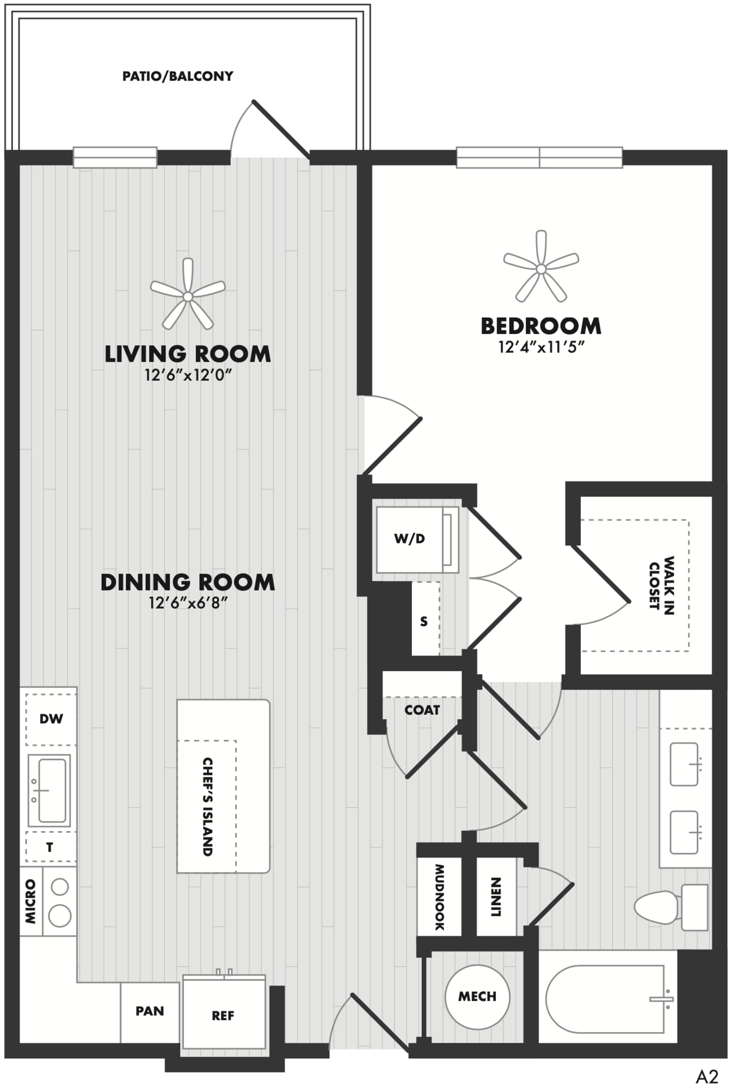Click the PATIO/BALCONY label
[x=177, y=76]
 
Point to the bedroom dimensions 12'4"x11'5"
[x=541, y=347]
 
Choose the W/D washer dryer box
[x=417, y=540]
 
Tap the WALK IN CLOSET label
[x=662, y=585]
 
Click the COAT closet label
[x=422, y=710]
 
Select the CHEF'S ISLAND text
[x=207, y=807]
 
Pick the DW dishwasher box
[x=51, y=719]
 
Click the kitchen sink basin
[x=52, y=790]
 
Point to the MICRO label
[x=30, y=901]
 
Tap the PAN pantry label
[x=150, y=1011]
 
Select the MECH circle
[x=477, y=997]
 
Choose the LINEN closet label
[x=496, y=897]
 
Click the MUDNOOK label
[x=439, y=897]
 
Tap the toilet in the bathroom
[x=671, y=907]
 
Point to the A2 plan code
[x=707, y=1076]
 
